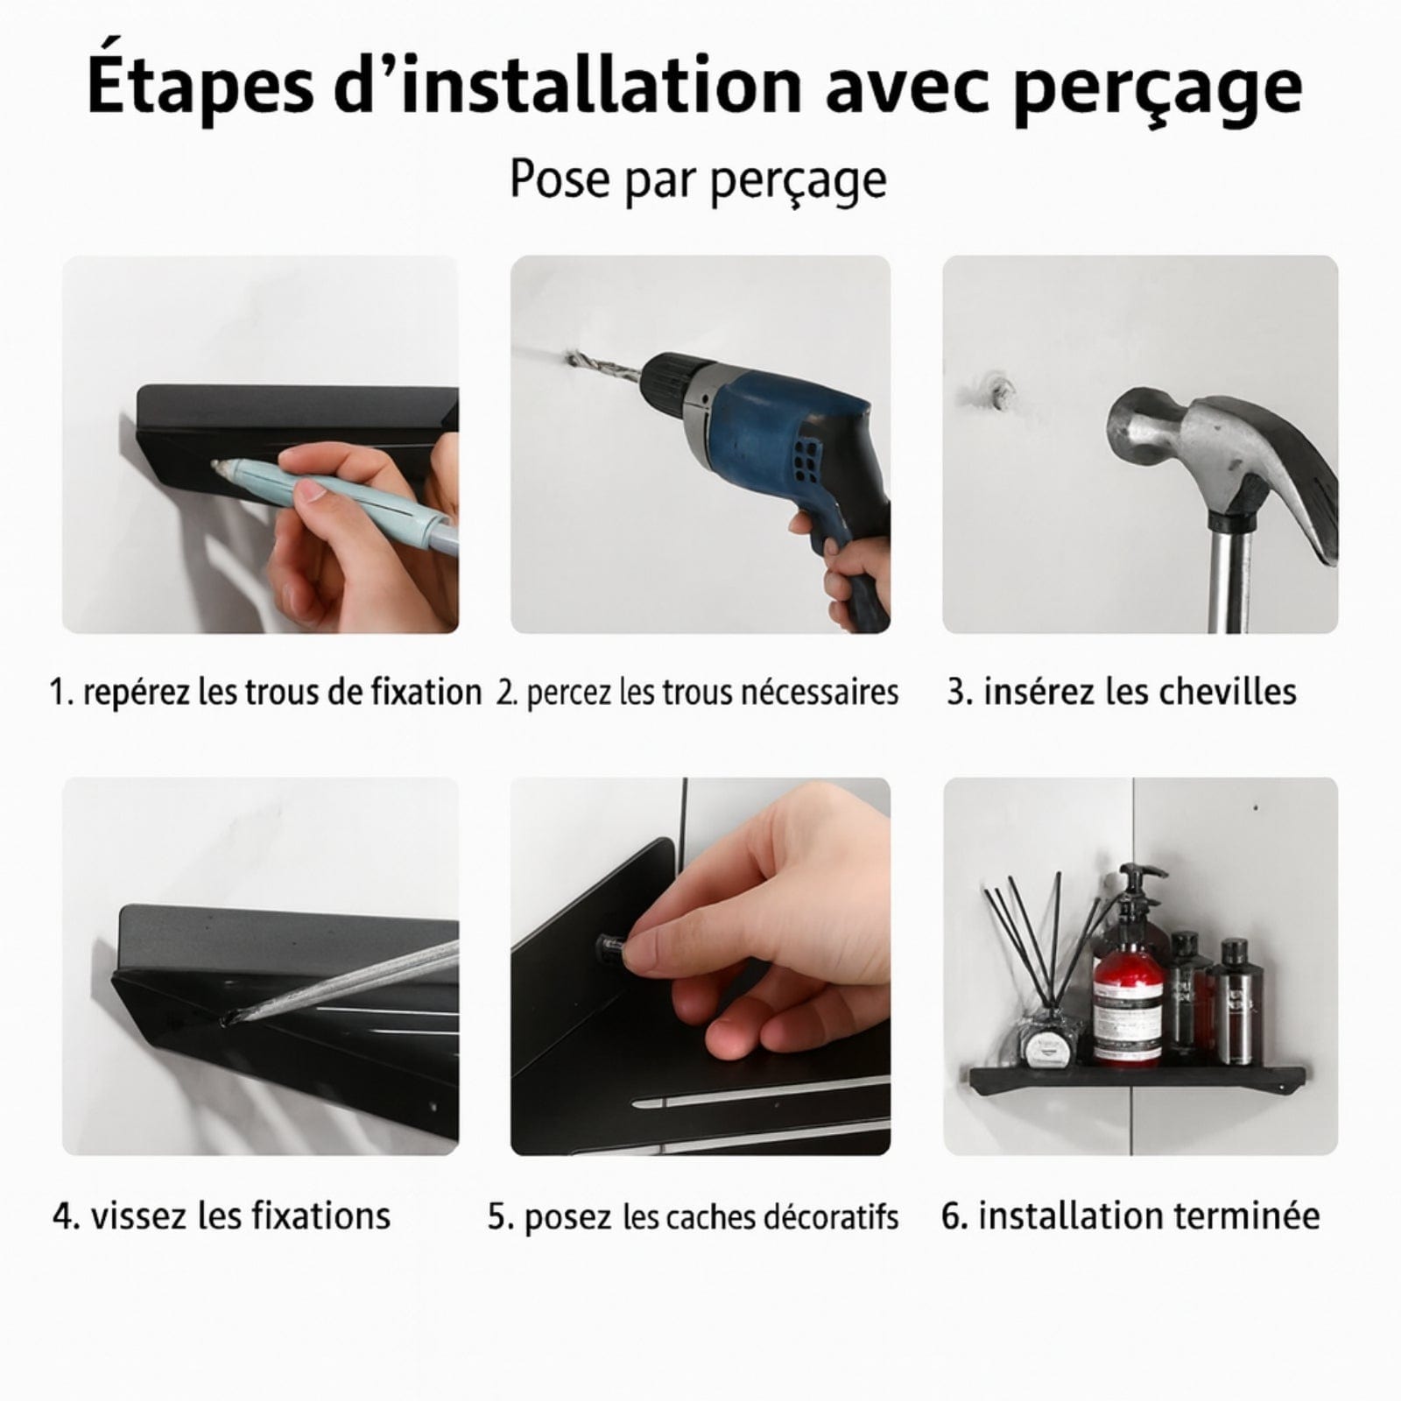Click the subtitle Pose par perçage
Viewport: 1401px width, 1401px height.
(x=698, y=180)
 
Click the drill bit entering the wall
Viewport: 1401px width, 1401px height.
(x=604, y=369)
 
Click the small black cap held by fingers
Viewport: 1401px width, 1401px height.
(x=610, y=947)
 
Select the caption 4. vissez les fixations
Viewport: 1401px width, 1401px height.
(x=222, y=1215)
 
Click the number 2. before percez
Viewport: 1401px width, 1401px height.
(x=505, y=693)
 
